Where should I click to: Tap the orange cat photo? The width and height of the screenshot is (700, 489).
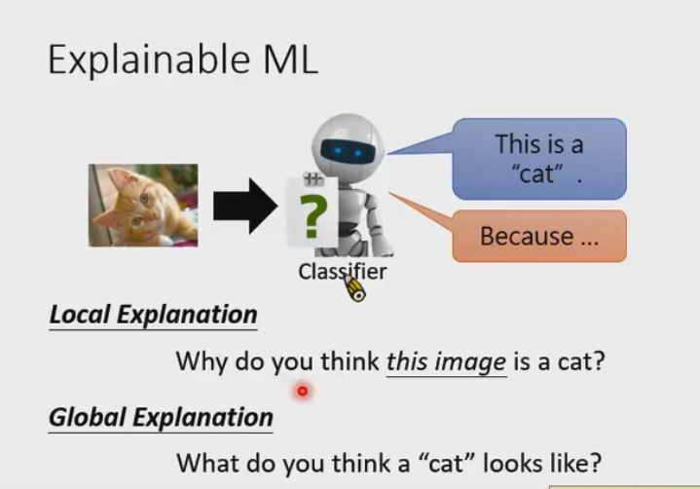pos(143,204)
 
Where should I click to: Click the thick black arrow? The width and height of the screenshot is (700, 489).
pos(244,206)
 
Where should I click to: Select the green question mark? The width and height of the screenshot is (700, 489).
pos(311,215)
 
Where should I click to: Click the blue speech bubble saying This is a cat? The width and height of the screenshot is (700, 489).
pos(538,159)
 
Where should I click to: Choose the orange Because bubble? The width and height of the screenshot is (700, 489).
pos(538,236)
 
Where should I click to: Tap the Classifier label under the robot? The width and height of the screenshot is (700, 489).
pos(341,272)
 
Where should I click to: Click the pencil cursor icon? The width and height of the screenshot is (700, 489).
pos(352,287)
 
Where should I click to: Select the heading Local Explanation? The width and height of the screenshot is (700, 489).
pos(153,315)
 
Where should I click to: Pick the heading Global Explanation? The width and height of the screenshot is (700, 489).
pos(161,417)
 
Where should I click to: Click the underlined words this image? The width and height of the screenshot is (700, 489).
pos(446,362)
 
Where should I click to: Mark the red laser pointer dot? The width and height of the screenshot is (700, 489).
pos(302,392)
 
